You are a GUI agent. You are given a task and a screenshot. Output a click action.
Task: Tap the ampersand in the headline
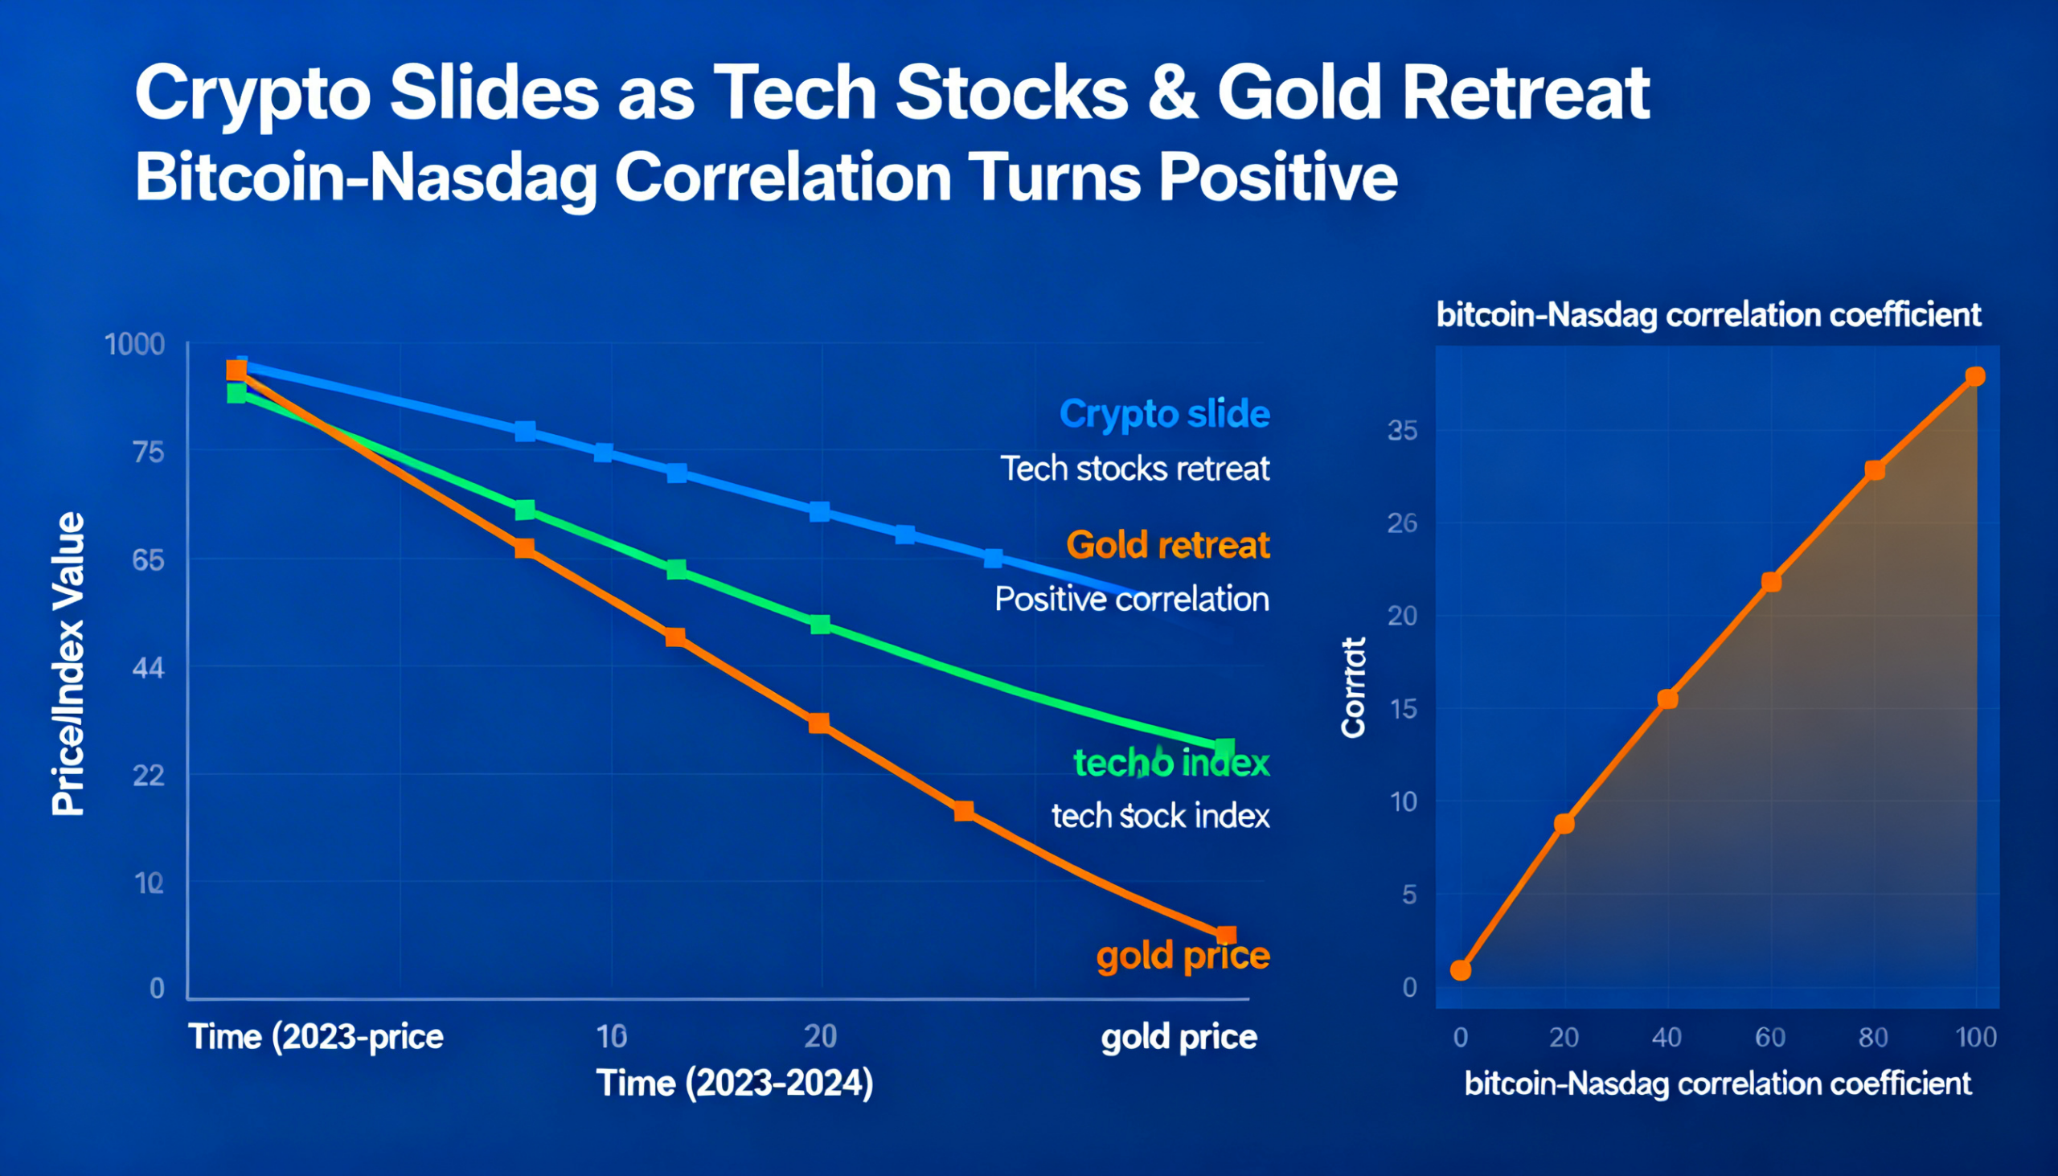click(x=1173, y=94)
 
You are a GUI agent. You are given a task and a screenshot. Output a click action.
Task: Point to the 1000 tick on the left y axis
click(x=135, y=345)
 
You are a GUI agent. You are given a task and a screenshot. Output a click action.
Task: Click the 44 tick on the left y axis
click(x=148, y=668)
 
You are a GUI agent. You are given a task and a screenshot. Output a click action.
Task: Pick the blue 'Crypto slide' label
click(x=1164, y=413)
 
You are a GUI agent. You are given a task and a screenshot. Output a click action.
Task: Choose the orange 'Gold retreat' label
click(x=1168, y=545)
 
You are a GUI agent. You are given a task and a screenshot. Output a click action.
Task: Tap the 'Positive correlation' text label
click(x=1132, y=600)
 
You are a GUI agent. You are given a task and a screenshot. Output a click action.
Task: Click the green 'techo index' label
click(x=1171, y=763)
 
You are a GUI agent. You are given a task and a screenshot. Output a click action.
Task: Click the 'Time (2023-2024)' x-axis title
click(x=734, y=1083)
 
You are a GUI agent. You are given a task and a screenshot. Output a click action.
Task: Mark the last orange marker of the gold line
click(x=1225, y=936)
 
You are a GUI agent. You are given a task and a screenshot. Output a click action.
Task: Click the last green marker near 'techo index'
click(x=1224, y=748)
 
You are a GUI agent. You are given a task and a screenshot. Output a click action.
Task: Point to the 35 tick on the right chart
click(x=1402, y=431)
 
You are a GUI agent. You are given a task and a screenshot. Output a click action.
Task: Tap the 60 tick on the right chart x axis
click(x=1769, y=1037)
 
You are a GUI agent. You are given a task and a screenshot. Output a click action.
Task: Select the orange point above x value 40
click(x=1667, y=699)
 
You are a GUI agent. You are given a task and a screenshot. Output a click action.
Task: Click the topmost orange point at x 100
click(x=1975, y=376)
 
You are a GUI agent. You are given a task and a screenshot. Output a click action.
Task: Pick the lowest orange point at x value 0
click(x=1461, y=970)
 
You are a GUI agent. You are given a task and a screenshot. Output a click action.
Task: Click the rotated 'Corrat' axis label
click(x=1353, y=687)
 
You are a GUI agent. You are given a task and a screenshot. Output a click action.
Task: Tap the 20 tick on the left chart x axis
click(x=820, y=1036)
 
